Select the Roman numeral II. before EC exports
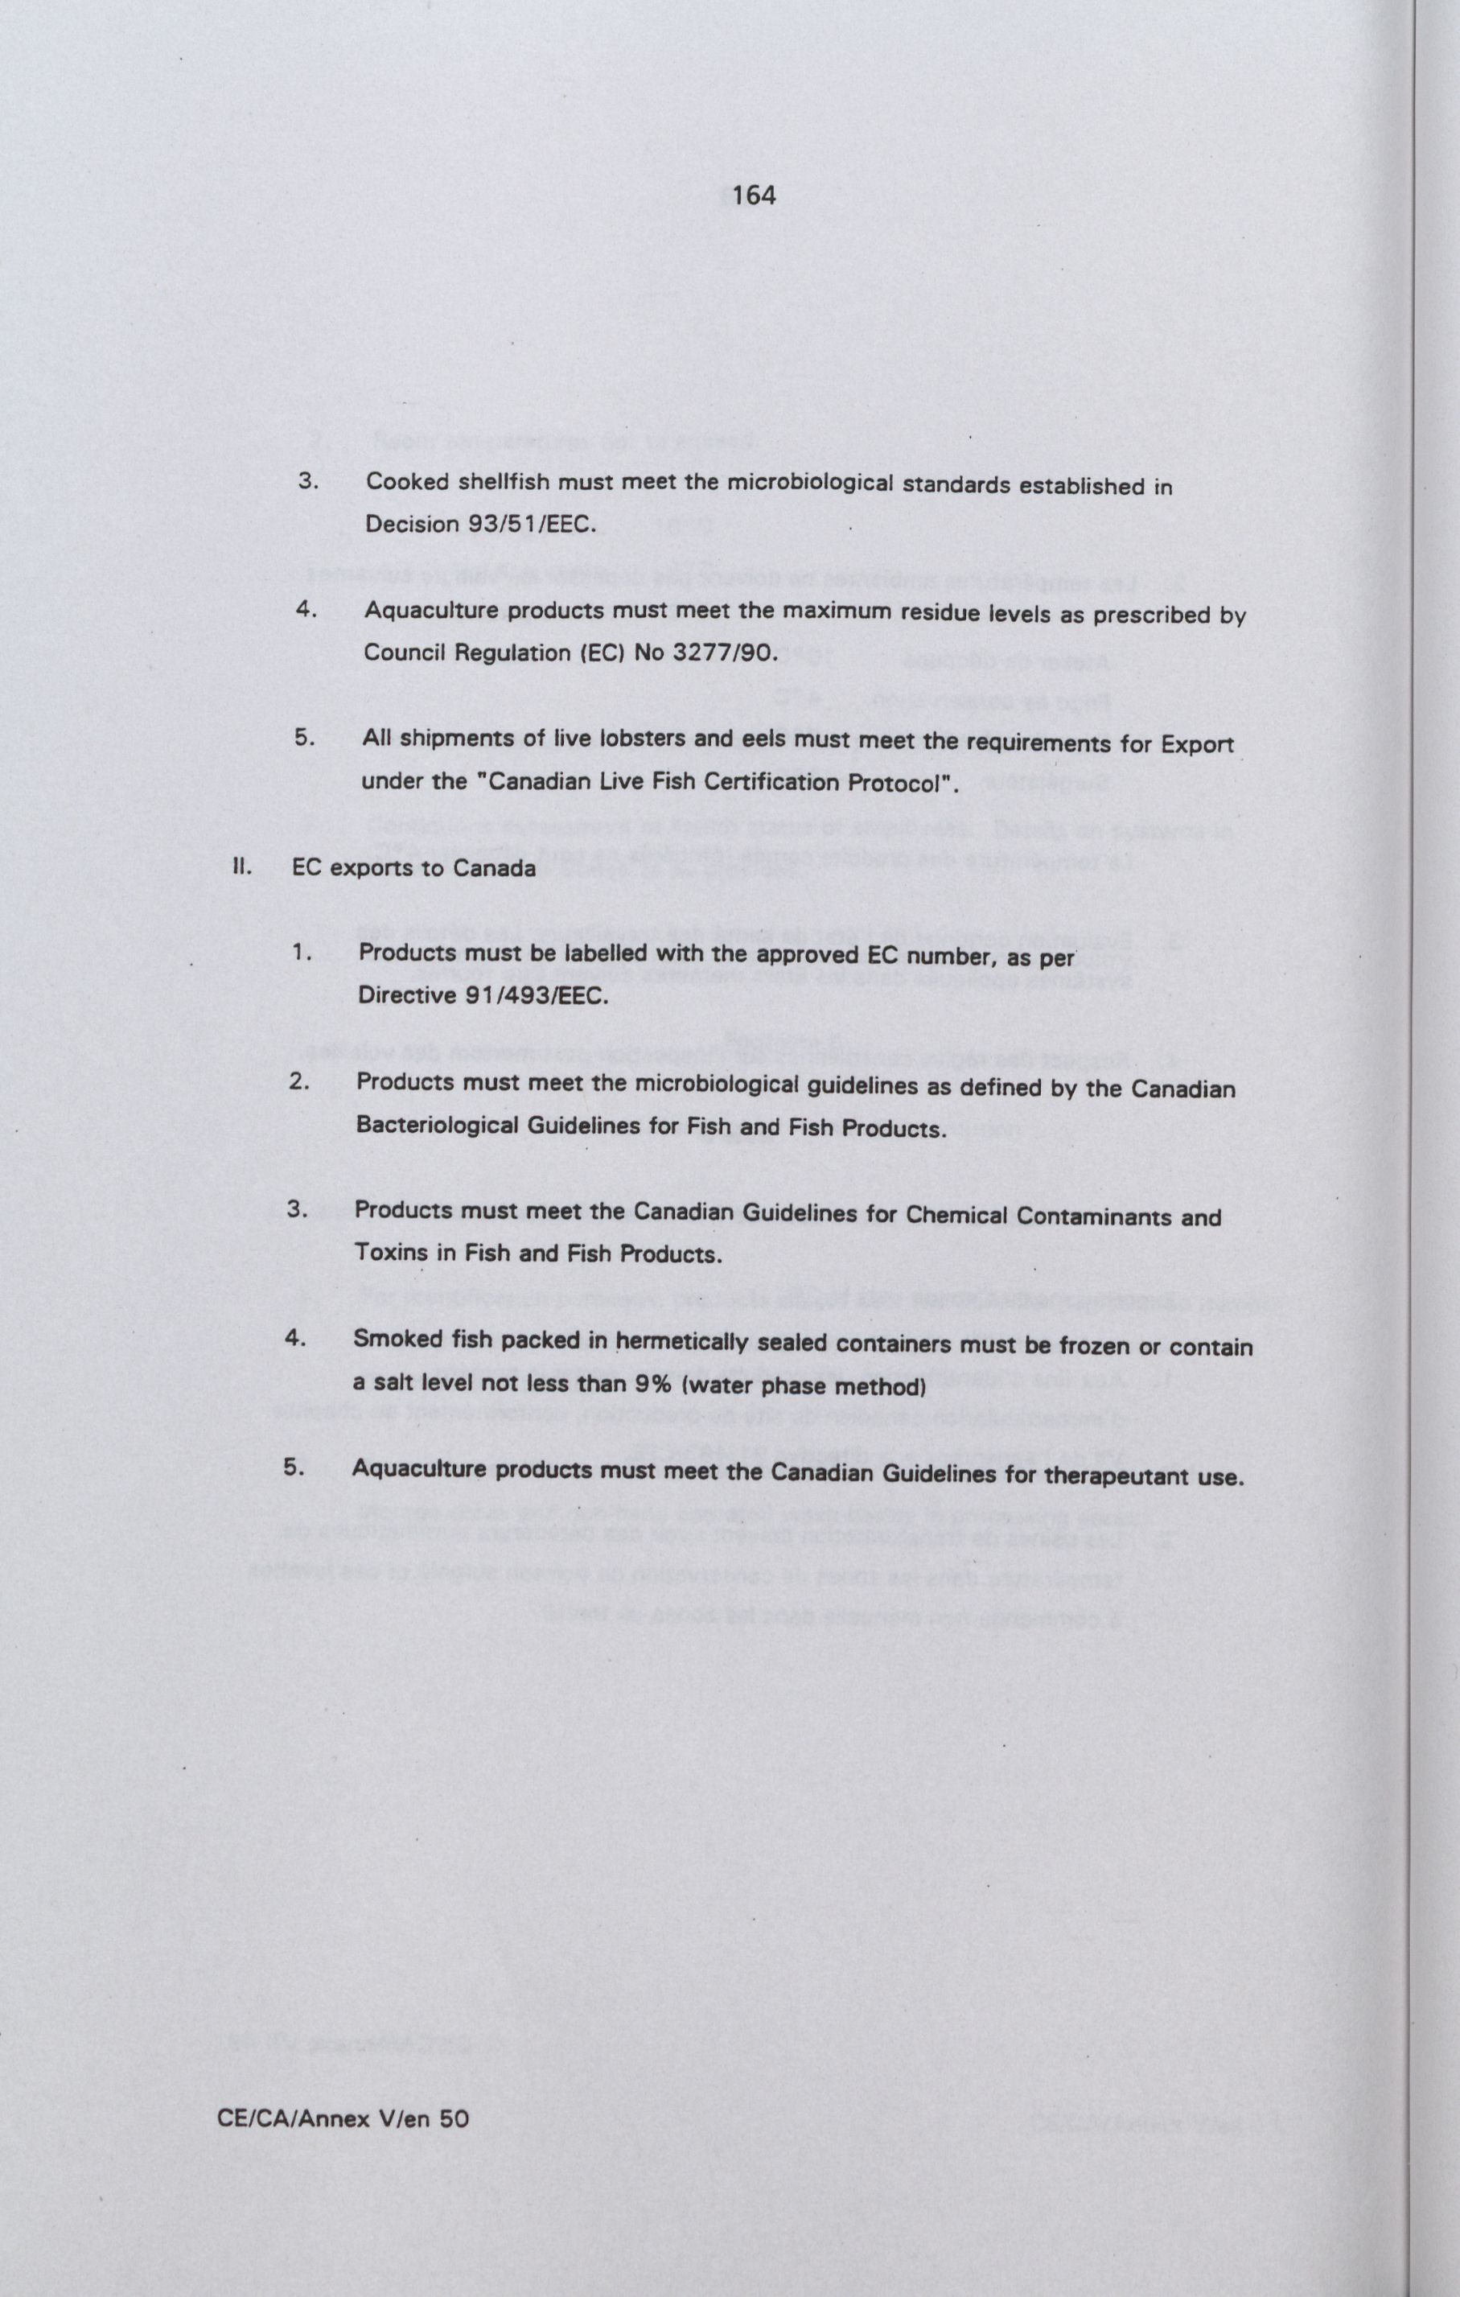[241, 868]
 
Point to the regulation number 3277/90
[734, 656]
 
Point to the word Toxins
[391, 1253]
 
